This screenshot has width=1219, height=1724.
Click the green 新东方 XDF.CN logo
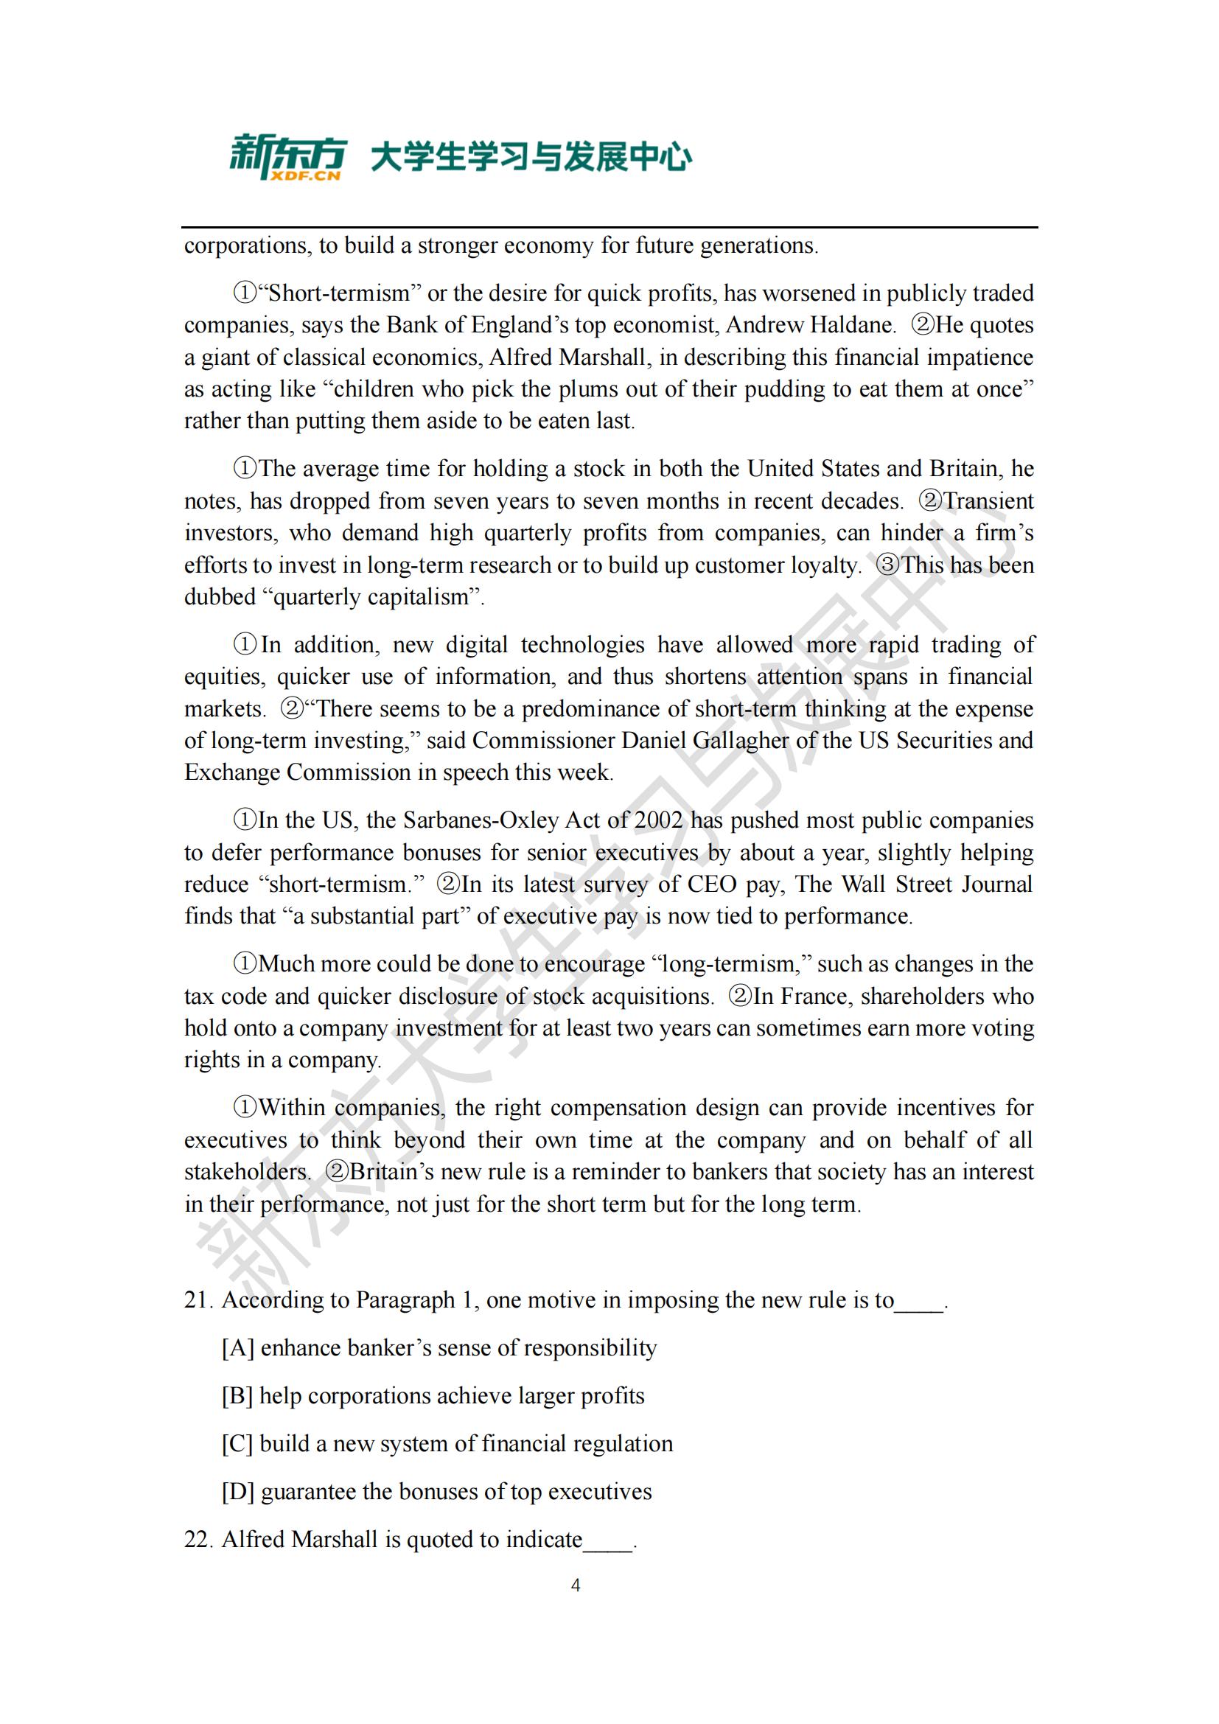coord(287,157)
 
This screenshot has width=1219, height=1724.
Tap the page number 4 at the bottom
coord(576,1585)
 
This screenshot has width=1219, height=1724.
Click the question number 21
coord(199,1299)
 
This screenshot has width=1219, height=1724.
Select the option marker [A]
coord(237,1348)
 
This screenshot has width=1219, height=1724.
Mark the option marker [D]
coord(237,1491)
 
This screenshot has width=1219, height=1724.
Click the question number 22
coord(199,1539)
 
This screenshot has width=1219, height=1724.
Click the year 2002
coord(657,820)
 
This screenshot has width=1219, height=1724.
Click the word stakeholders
coord(246,1172)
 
